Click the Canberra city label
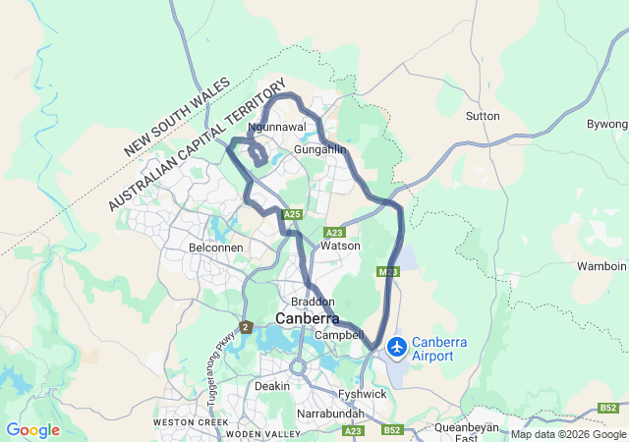[307, 319]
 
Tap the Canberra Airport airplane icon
[397, 347]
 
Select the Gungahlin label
[320, 149]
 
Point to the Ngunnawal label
[278, 128]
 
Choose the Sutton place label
[483, 116]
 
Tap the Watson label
[341, 246]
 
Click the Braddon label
[314, 302]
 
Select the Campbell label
[339, 335]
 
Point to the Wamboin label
[601, 266]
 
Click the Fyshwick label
[363, 394]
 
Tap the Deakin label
[272, 386]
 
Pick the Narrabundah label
[329, 414]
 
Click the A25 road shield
[291, 214]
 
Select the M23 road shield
[387, 271]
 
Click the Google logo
[32, 430]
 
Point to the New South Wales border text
[176, 118]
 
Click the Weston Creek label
[184, 422]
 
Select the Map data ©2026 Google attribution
[567, 434]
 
